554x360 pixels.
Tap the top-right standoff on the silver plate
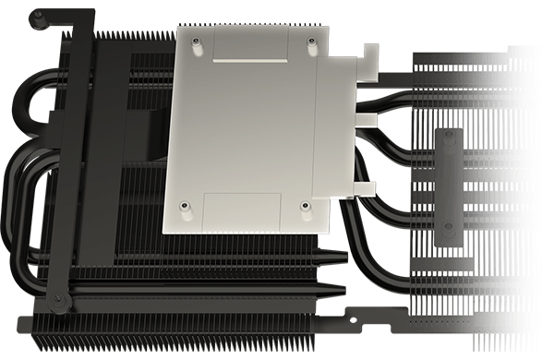point(309,42)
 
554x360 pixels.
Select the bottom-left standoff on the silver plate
point(185,205)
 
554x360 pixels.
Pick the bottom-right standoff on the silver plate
point(305,205)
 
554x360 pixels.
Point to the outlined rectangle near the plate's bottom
point(242,209)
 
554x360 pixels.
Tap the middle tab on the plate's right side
point(365,119)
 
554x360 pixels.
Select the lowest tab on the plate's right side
point(364,189)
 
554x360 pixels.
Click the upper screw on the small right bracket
point(450,136)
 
